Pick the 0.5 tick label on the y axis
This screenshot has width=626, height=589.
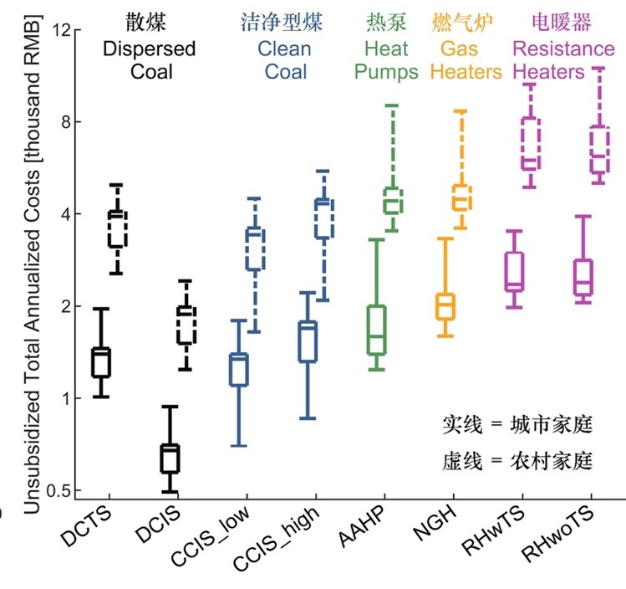[59, 490]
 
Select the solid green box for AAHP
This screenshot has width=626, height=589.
[378, 330]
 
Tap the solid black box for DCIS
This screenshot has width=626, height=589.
[170, 458]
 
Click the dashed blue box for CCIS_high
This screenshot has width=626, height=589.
[323, 218]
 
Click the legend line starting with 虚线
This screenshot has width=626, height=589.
[516, 459]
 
